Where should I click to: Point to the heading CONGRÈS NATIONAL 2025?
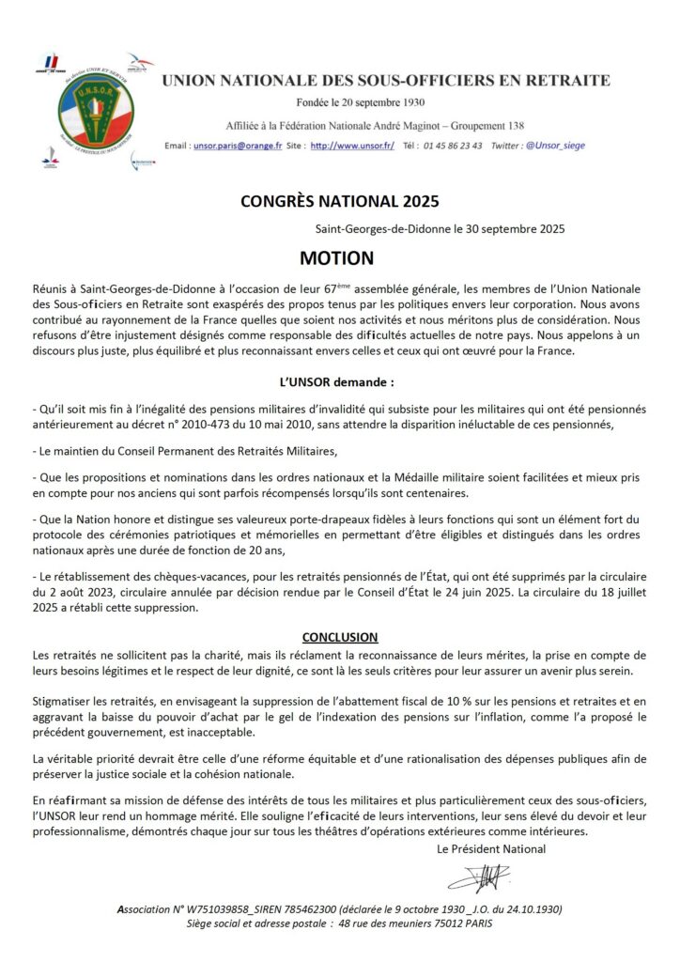pos(339,200)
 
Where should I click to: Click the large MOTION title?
pos(336,258)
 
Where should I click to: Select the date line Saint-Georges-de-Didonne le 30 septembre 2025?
pos(440,228)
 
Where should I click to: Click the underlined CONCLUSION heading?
pos(340,637)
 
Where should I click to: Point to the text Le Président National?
pos(491,849)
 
